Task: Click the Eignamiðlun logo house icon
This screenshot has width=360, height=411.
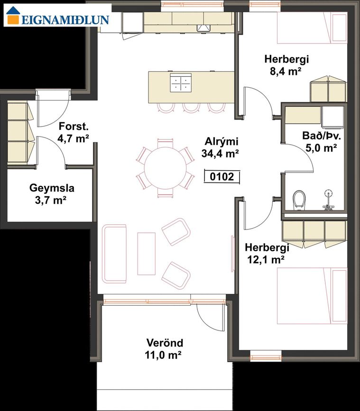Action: (x=13, y=16)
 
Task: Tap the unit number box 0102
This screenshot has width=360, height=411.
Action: (x=222, y=177)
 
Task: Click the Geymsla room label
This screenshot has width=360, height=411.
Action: (x=52, y=188)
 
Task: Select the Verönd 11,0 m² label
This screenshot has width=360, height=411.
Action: (x=165, y=349)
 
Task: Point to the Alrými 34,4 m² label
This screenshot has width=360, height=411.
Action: (x=220, y=147)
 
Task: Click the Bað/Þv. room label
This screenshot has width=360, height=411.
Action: (x=322, y=136)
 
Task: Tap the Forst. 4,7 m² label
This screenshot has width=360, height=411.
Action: (x=74, y=132)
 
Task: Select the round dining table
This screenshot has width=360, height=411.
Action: (x=165, y=168)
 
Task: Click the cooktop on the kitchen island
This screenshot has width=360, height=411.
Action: (x=181, y=83)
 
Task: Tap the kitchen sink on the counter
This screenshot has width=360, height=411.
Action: (x=203, y=28)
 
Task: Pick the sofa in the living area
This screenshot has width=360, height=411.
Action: (x=114, y=254)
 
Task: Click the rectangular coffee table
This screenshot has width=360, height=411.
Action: (x=147, y=254)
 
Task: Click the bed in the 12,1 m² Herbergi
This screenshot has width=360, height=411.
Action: (x=312, y=296)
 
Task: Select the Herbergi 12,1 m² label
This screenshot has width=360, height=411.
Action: (x=267, y=254)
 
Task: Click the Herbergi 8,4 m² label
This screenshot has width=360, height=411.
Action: (x=286, y=65)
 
